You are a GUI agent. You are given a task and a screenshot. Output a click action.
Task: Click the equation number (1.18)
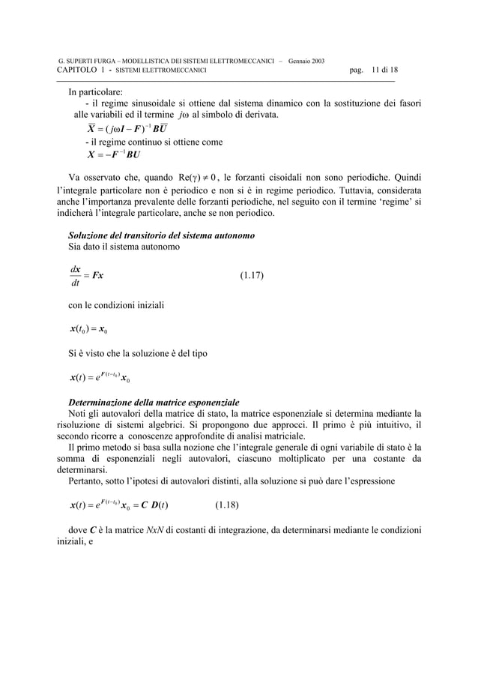tap(227, 505)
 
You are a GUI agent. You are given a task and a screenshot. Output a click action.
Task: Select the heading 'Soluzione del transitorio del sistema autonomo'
tap(161, 235)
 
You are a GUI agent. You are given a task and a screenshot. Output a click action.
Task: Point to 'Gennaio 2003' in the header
tap(306, 60)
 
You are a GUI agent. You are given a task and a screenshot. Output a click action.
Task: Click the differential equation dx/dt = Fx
tap(85, 275)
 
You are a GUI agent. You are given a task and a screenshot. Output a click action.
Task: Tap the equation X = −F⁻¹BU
tap(114, 155)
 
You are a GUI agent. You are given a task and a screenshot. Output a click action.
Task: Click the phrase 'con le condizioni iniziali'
tap(116, 305)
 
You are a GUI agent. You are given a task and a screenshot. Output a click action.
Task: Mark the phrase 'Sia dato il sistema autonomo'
tap(124, 247)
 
